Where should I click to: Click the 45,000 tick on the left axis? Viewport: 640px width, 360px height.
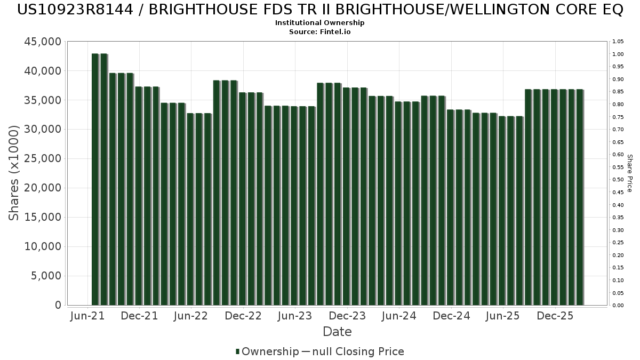43,42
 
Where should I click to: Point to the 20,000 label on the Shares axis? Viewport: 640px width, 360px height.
43,188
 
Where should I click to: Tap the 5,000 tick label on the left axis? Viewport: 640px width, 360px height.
46,276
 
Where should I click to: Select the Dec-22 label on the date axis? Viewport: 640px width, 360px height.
243,316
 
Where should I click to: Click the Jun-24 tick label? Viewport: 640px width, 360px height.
399,316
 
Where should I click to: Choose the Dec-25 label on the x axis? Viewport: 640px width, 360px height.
555,316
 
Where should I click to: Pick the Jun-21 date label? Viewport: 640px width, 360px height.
87,316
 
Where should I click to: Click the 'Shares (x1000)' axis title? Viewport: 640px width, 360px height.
13,173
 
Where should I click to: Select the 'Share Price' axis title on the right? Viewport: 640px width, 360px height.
630,173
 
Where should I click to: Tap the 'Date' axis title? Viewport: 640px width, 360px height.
337,332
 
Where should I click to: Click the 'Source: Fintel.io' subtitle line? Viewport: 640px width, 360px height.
319,31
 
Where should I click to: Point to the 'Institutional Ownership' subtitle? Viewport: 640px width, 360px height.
319,23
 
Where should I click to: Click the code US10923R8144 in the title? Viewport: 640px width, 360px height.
75,10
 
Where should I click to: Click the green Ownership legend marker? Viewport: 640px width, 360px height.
237,351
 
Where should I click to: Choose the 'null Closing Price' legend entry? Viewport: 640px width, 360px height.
358,351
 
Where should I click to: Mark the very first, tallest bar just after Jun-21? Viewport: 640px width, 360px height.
95,179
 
